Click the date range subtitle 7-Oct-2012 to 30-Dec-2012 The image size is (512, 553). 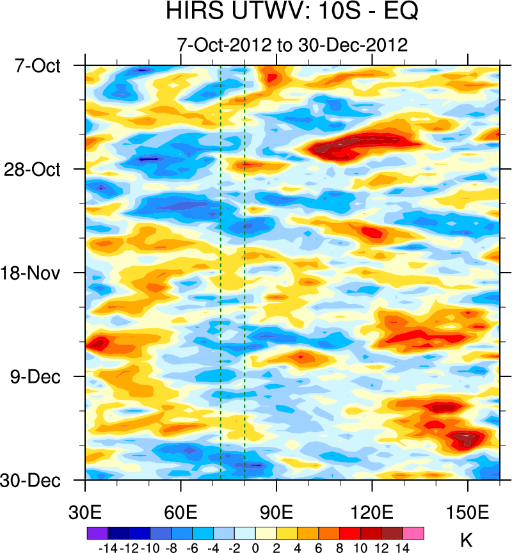292,45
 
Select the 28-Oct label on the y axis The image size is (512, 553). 36,170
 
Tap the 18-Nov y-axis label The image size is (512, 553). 36,273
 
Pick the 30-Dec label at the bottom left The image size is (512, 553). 36,480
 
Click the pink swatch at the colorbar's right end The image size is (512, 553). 413,533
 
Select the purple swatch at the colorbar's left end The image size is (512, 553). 97,533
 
